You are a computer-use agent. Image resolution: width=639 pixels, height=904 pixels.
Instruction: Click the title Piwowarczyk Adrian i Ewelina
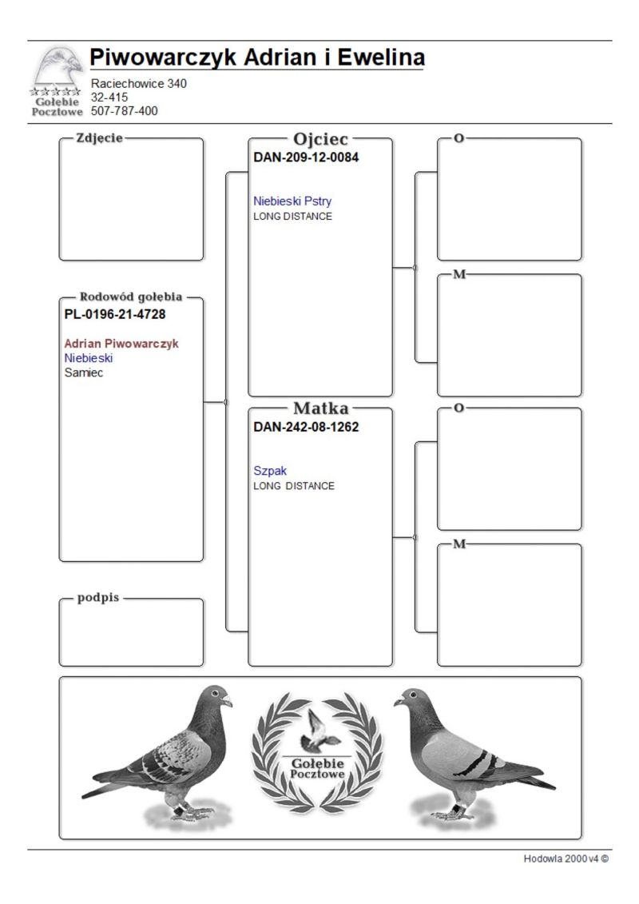[x=257, y=58]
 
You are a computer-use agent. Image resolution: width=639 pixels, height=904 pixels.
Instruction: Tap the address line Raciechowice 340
[x=139, y=83]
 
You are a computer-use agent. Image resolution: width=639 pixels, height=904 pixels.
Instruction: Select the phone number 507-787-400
[x=125, y=111]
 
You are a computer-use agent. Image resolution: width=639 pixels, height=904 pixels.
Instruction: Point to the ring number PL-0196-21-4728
[x=115, y=314]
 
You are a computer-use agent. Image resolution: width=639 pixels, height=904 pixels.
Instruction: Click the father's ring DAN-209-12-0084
[x=306, y=157]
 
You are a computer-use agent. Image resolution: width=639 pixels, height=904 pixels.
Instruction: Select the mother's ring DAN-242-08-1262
[x=306, y=427]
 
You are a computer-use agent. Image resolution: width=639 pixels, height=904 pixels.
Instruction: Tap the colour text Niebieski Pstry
[x=292, y=201]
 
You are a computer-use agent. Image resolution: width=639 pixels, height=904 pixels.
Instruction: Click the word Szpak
[x=270, y=471]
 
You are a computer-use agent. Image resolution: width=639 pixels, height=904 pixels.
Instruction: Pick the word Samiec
[x=84, y=372]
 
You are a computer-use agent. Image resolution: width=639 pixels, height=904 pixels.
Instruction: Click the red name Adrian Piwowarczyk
[x=121, y=344]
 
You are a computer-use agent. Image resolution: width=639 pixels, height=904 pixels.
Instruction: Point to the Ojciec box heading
[x=321, y=139]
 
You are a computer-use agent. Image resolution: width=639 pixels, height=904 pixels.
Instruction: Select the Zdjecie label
[x=99, y=137]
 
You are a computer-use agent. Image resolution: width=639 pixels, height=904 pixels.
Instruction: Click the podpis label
[x=98, y=598]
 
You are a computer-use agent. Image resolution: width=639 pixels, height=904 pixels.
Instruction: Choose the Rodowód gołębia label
[x=132, y=297]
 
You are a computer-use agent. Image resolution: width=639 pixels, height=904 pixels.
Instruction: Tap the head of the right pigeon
[x=411, y=698]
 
